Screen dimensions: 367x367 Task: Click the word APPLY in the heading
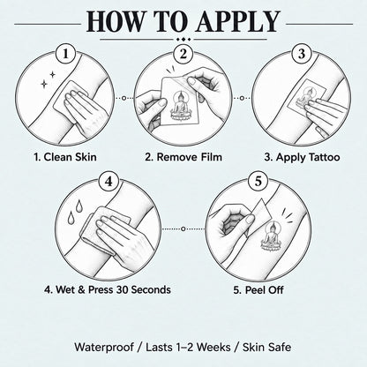point(238,21)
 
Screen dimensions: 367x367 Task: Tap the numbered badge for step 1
point(65,54)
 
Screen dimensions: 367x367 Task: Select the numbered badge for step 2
point(183,54)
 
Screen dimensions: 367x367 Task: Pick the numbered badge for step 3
point(302,54)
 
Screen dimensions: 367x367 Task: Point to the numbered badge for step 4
point(109,181)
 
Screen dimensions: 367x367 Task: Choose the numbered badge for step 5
point(258,181)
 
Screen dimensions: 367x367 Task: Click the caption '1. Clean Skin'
point(65,157)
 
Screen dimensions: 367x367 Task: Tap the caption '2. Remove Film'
point(183,157)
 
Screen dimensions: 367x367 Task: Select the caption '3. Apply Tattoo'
point(302,157)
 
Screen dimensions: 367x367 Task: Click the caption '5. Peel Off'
point(258,290)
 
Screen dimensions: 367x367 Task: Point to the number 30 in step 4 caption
point(123,289)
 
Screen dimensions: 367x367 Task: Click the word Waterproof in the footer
point(104,347)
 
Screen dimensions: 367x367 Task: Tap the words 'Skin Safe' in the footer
point(267,347)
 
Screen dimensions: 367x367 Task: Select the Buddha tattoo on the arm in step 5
point(271,237)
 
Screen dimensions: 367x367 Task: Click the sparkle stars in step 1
point(48,79)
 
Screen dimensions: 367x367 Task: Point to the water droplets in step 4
point(75,211)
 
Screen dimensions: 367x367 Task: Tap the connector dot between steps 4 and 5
point(183,228)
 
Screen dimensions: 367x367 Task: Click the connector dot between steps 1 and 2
point(124,98)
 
